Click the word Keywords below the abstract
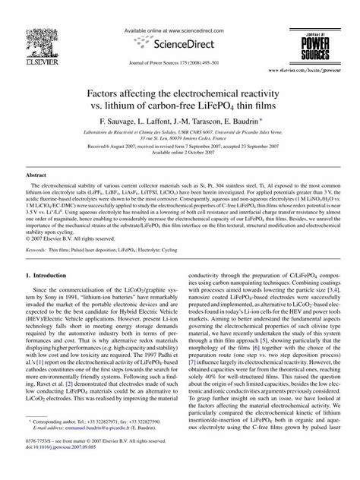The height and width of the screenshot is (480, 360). (39, 227)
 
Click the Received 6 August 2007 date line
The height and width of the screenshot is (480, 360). (179, 142)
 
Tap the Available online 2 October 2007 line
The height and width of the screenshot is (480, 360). (180, 149)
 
